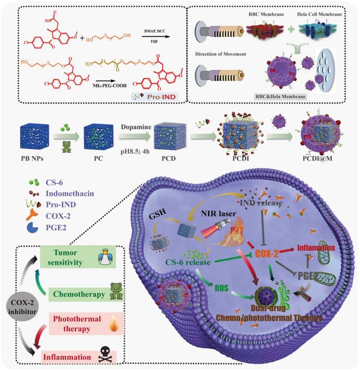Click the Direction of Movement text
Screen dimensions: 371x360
coord(221,54)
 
